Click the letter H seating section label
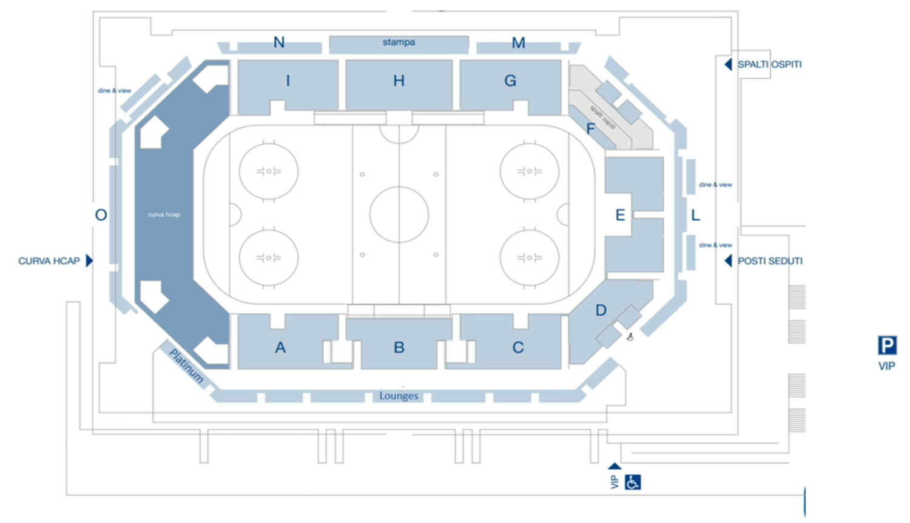click(399, 81)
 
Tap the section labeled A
click(280, 347)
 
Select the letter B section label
click(399, 347)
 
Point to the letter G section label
click(510, 81)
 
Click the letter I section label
click(288, 81)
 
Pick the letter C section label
click(517, 347)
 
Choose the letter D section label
click(601, 310)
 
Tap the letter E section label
click(620, 215)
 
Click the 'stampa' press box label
click(399, 42)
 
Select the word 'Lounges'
click(399, 396)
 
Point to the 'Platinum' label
click(186, 365)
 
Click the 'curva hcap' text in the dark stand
click(164, 215)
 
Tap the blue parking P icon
click(887, 345)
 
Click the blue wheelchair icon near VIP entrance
click(633, 482)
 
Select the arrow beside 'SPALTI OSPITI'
click(728, 64)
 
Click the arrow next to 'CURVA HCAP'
click(89, 261)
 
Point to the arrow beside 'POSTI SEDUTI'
click(728, 261)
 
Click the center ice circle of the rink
click(399, 215)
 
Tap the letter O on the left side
click(101, 215)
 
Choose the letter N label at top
click(279, 42)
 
